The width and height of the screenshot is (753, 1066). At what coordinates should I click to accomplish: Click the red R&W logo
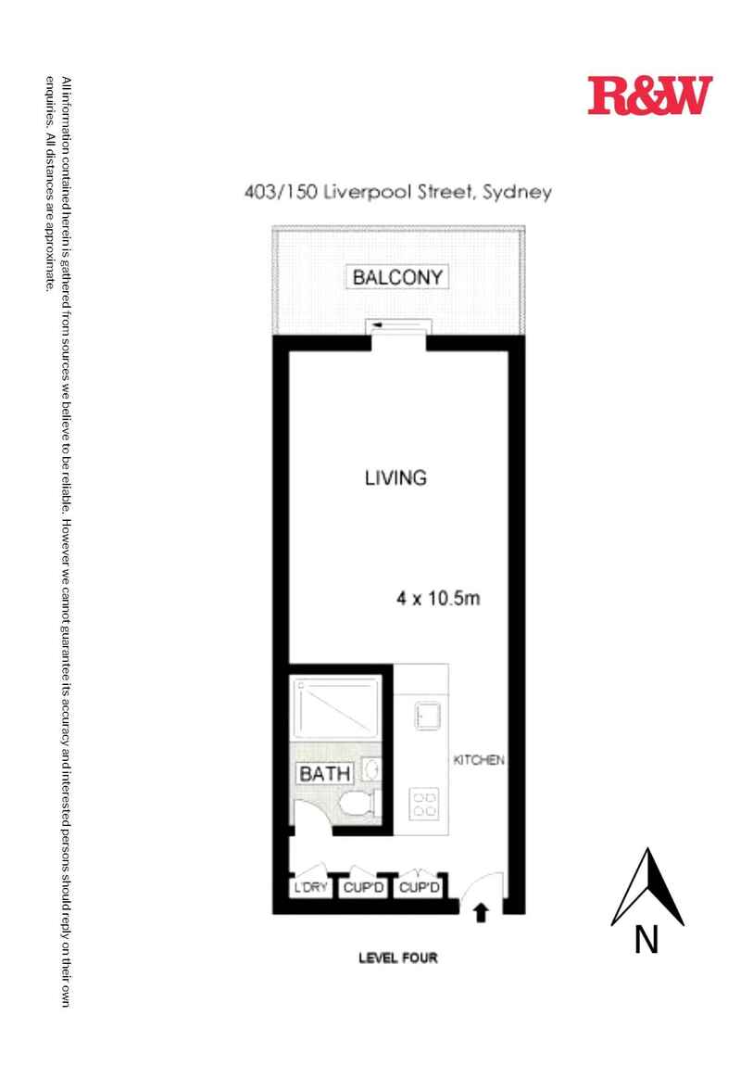pos(649,95)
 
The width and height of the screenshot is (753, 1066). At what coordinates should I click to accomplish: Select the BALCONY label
pos(397,276)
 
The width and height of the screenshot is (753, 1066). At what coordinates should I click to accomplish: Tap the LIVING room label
pos(395,478)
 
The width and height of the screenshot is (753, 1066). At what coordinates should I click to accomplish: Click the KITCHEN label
pos(478,760)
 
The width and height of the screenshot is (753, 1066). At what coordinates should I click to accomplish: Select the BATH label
pos(324,773)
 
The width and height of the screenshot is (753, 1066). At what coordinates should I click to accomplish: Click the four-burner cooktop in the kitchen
pos(425,803)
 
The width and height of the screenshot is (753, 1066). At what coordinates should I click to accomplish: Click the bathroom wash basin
pos(372,770)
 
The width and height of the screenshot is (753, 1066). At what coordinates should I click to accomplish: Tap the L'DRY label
pos(311,888)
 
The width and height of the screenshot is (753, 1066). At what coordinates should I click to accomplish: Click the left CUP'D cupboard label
pos(363,888)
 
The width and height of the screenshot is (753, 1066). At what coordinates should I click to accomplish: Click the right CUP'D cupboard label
pos(418,888)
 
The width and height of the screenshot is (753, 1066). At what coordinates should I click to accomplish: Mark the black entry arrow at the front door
pos(481,914)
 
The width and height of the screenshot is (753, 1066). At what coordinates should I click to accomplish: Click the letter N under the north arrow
pos(646,940)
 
